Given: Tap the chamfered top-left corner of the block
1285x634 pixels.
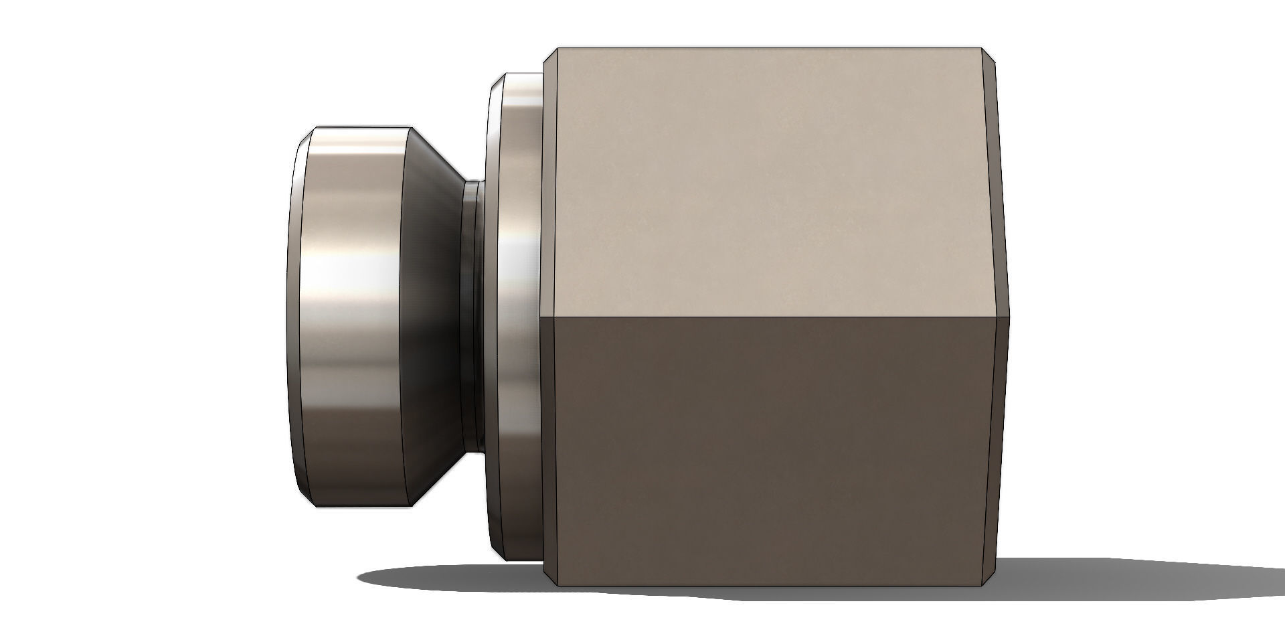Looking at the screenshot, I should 551,56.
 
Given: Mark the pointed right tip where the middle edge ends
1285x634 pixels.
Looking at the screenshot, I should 1009,316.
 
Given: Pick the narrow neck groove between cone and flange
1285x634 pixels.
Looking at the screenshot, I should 472,315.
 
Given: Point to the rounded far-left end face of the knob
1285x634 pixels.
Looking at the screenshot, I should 294,315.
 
